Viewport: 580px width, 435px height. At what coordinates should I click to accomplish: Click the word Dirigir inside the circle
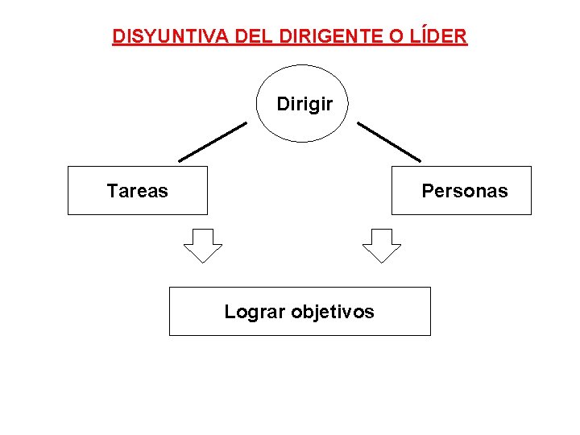pyautogui.click(x=304, y=104)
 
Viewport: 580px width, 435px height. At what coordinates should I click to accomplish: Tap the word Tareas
pyautogui.click(x=138, y=191)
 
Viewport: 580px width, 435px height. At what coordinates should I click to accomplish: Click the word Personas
pyautogui.click(x=465, y=191)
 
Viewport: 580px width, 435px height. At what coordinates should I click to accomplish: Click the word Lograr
pyautogui.click(x=250, y=312)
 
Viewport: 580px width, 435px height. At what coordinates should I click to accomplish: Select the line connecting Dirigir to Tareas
pyautogui.click(x=212, y=142)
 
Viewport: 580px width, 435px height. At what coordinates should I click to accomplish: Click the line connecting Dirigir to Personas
pyautogui.click(x=389, y=142)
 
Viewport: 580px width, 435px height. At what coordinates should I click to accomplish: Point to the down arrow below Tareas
pyautogui.click(x=203, y=245)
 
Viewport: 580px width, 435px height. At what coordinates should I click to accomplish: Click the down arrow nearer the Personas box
pyautogui.click(x=381, y=245)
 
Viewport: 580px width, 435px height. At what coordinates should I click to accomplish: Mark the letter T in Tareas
pyautogui.click(x=112, y=191)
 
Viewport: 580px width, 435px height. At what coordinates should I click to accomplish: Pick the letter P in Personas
pyautogui.click(x=427, y=191)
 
